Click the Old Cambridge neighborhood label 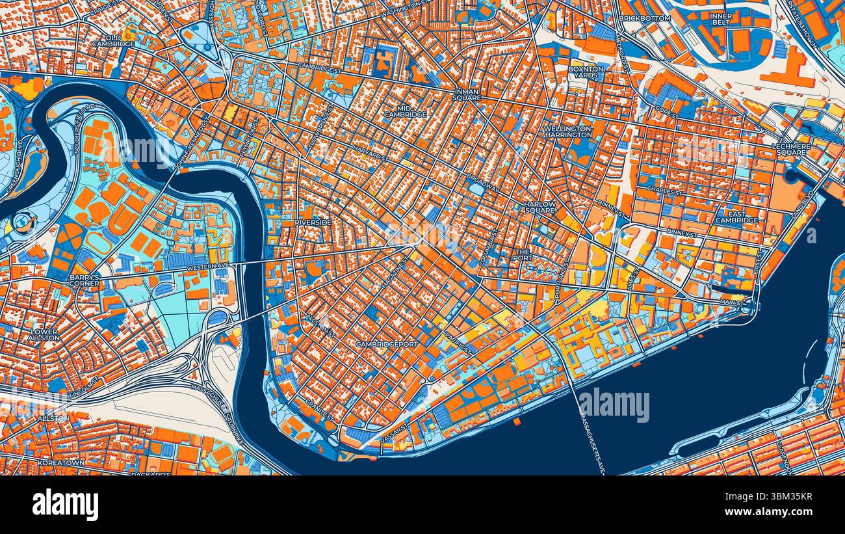pos(113,40)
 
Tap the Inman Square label pos(467,94)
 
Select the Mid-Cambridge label pos(405,111)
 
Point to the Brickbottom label pos(644,18)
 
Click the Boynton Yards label pos(586,72)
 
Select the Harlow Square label pos(540,207)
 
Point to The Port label pos(523,254)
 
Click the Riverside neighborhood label pos(313,222)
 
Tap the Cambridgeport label pos(386,343)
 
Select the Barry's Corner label pos(84,280)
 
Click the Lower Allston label pos(44,334)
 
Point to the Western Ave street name pos(207,267)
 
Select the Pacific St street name pos(458,342)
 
